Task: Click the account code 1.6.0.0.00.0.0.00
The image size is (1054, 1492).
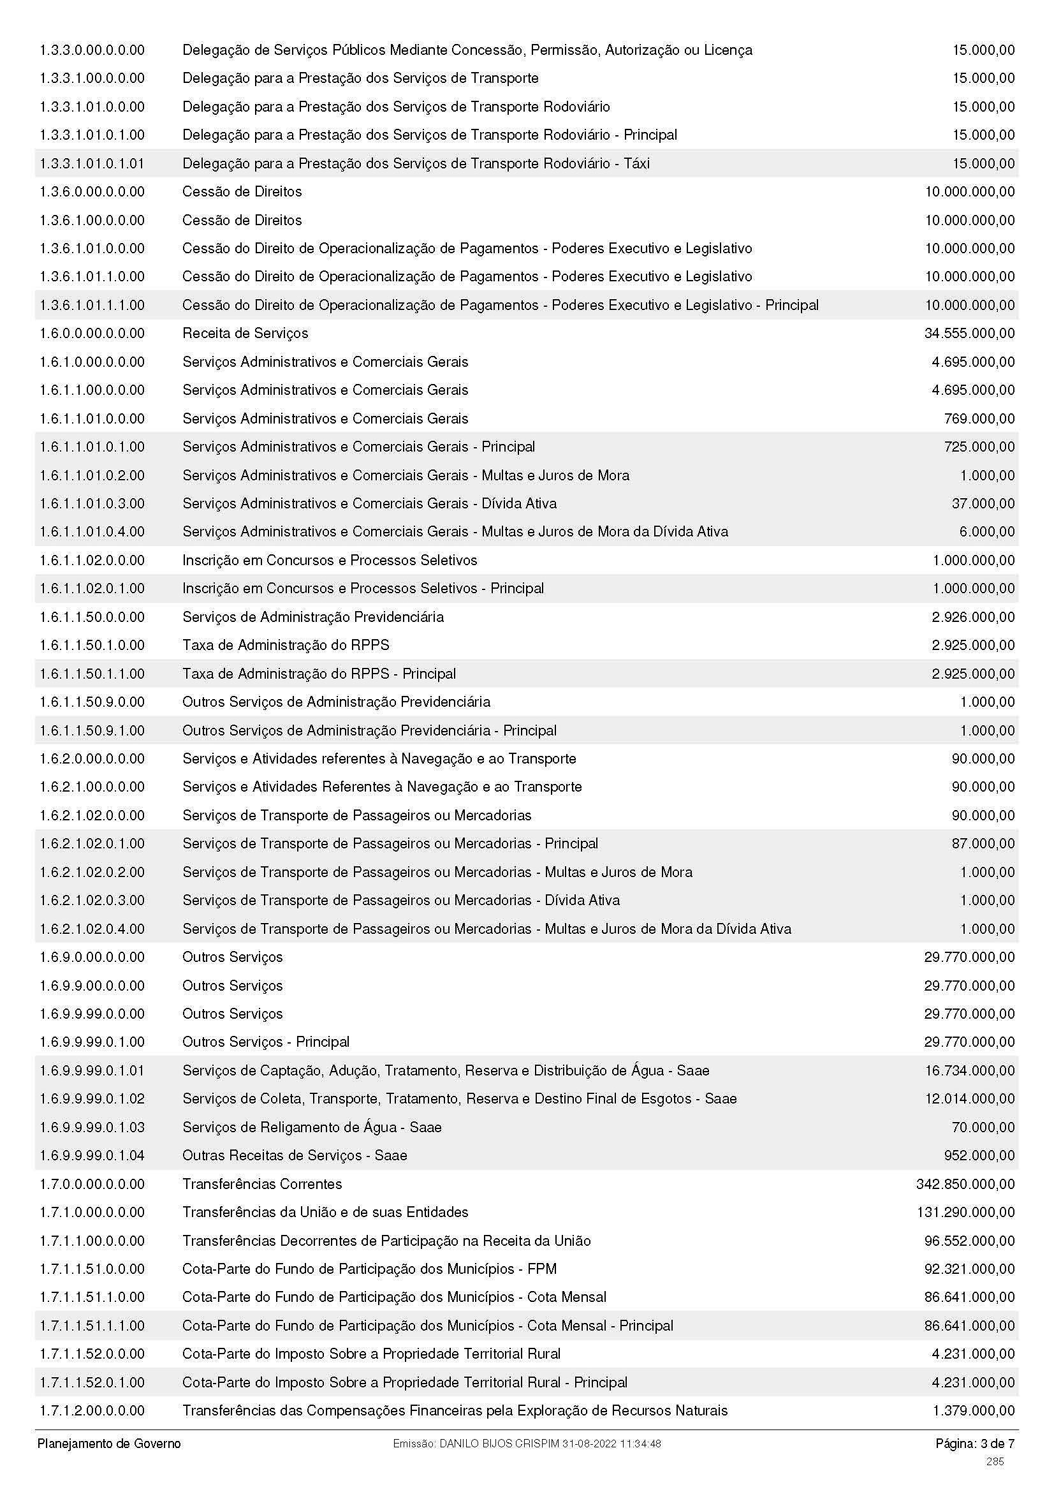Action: point(92,334)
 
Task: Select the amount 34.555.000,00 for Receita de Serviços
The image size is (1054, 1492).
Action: point(969,334)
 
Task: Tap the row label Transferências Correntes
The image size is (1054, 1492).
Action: point(261,1184)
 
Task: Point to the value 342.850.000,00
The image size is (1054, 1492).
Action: point(965,1184)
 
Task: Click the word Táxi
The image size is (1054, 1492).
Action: point(636,163)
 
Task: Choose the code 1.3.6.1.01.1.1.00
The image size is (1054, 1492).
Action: point(92,305)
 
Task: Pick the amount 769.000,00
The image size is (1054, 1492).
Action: point(979,418)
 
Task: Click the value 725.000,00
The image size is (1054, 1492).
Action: point(979,447)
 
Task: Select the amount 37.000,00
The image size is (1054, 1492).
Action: point(983,504)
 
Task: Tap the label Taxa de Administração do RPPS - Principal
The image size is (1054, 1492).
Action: point(319,674)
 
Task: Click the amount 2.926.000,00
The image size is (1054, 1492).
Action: point(973,617)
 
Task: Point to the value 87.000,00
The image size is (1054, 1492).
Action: point(983,843)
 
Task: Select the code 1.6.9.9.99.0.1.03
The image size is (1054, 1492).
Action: point(92,1126)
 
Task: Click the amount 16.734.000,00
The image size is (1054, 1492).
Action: point(970,1070)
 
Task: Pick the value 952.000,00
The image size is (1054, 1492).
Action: point(979,1155)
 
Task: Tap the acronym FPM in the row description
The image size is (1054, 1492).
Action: point(542,1269)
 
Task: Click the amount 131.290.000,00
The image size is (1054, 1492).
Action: point(965,1213)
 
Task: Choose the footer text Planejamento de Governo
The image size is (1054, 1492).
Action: point(109,1444)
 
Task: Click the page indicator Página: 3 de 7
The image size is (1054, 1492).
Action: point(975,1444)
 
